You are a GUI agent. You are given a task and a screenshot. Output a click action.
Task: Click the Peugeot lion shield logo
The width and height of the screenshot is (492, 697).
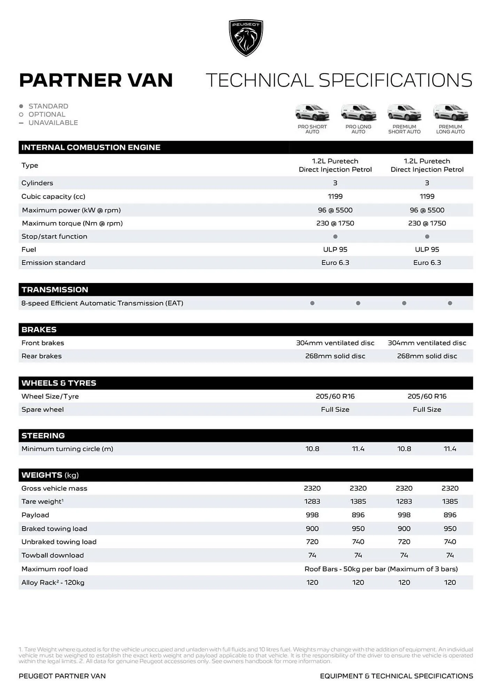click(x=246, y=38)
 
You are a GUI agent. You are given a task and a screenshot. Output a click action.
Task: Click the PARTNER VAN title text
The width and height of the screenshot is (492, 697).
click(x=96, y=80)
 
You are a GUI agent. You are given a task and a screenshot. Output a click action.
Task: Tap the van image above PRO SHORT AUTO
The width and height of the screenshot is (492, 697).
click(x=312, y=113)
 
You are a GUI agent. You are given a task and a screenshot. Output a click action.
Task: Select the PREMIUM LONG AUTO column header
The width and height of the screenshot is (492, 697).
click(x=450, y=129)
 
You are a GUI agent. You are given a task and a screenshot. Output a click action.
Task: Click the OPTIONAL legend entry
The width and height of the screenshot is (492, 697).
click(x=47, y=114)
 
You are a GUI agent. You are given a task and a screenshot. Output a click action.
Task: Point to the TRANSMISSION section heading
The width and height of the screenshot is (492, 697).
click(x=55, y=290)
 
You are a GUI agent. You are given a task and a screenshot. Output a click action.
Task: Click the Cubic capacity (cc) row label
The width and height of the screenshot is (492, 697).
click(x=53, y=197)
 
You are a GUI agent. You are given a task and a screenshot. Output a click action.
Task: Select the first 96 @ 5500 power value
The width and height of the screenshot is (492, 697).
click(x=335, y=210)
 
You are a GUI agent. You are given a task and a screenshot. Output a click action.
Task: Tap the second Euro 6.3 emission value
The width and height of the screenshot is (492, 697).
click(x=427, y=263)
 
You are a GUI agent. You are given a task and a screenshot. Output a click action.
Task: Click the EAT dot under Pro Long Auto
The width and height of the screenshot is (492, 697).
click(x=358, y=303)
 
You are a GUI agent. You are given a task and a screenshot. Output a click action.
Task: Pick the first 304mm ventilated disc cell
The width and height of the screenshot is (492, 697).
click(x=335, y=343)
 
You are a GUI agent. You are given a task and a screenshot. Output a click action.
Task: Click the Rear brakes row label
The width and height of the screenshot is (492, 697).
click(x=41, y=356)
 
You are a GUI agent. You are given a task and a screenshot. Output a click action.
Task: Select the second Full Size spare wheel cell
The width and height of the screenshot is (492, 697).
click(x=427, y=409)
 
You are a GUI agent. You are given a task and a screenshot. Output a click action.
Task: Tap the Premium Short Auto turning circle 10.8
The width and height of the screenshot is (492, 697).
click(x=404, y=449)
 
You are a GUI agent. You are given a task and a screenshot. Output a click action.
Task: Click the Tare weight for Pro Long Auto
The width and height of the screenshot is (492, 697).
click(x=358, y=501)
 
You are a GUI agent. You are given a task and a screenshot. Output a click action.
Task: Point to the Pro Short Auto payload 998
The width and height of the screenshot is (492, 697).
click(x=312, y=515)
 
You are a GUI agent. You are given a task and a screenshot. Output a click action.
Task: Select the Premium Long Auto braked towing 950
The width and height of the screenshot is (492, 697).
click(x=450, y=529)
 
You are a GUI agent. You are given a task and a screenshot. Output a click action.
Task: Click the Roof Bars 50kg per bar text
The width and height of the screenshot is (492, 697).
click(x=381, y=569)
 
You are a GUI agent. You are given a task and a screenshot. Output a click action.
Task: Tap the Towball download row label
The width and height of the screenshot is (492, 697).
click(x=53, y=556)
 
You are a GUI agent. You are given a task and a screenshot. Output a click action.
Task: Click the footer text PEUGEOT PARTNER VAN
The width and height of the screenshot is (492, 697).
click(x=62, y=676)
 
